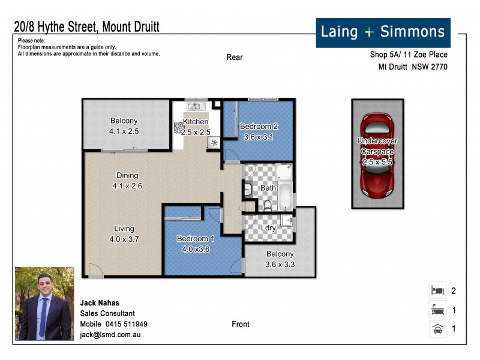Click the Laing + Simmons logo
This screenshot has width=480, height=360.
pos(383,32)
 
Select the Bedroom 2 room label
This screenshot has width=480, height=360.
pos(259,127)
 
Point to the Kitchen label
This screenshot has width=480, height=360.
pos(196,122)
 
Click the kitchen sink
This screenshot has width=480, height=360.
pos(194,107)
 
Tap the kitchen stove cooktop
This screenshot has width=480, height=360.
pos(178,127)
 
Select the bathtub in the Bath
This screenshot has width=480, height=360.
pos(286,196)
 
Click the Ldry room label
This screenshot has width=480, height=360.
pos(268,228)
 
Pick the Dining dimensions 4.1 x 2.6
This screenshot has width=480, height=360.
pos(127,186)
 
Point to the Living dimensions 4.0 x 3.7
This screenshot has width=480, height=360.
pos(125,239)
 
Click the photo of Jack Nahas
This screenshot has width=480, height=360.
pos(44,303)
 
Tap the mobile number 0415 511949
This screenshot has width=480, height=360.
pos(127,324)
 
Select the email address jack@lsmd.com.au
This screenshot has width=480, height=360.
pos(110,335)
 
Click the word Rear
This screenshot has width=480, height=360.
pos(235,58)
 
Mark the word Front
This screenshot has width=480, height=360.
pos(241,324)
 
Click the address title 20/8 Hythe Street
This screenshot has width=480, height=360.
pos(86,27)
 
